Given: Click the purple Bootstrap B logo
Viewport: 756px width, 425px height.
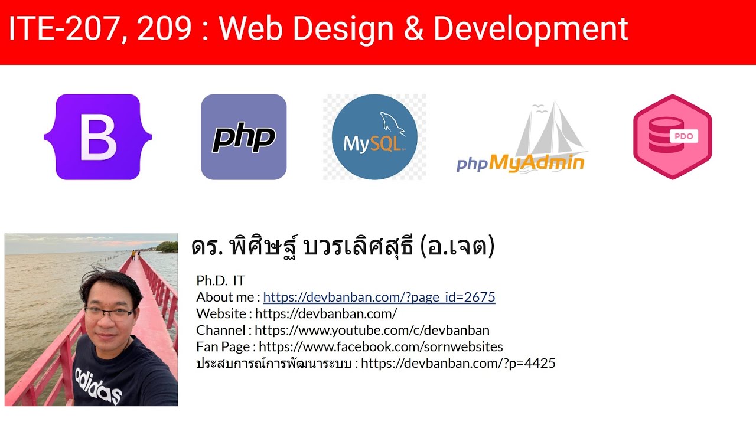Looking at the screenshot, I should [x=98, y=137].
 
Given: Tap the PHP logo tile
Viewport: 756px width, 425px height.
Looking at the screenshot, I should [x=243, y=137].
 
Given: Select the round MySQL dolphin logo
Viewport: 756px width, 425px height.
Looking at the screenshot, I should [x=374, y=138].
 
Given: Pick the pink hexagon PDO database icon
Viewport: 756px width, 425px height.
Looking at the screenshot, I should [x=672, y=137].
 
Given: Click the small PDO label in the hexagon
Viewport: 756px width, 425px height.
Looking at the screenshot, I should [x=683, y=136].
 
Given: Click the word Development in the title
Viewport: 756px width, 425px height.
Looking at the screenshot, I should [x=530, y=29].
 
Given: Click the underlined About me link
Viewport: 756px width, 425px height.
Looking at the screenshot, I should [x=379, y=297].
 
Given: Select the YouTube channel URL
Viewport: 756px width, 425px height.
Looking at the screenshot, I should [x=372, y=330].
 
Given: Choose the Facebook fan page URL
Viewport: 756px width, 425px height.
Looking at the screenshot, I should [x=381, y=346].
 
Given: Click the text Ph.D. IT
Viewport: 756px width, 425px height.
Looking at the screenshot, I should [x=220, y=280].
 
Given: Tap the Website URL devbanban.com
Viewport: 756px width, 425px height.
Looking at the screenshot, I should [x=326, y=313].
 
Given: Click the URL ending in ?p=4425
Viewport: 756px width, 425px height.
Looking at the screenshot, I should [x=458, y=363].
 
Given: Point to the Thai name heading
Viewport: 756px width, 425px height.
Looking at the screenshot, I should [x=343, y=247].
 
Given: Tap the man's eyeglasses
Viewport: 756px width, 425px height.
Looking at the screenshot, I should [x=109, y=313].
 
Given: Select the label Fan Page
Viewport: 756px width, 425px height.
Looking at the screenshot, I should [x=223, y=346].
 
